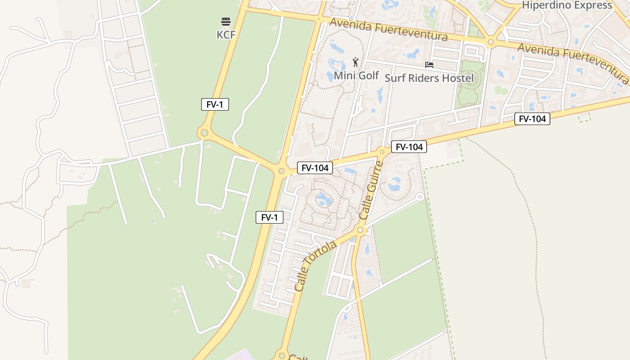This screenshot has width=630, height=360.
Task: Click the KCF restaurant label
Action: click(226, 35)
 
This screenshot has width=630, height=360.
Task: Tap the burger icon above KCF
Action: click(226, 22)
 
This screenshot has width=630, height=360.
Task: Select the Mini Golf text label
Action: click(356, 75)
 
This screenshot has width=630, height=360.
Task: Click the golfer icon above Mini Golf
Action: click(356, 62)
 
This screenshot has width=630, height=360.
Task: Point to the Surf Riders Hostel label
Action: click(429, 78)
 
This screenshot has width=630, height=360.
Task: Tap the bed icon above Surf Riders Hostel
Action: click(429, 65)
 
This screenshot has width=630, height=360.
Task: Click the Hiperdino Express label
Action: click(567, 5)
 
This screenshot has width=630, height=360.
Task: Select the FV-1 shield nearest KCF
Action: click(215, 105)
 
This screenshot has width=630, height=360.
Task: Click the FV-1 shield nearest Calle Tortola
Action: click(269, 217)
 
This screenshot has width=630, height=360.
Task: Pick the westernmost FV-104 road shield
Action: click(315, 168)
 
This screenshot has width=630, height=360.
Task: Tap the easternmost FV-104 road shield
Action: click(532, 119)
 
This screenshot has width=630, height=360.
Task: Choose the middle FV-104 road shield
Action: click(409, 147)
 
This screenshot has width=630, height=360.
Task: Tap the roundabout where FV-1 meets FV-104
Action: click(282, 171)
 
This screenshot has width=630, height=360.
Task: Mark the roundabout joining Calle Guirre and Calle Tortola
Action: click(360, 230)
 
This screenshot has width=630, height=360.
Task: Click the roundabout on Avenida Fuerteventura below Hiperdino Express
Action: click(490, 43)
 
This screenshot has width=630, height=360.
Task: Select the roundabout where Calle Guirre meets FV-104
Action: click(382, 151)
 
